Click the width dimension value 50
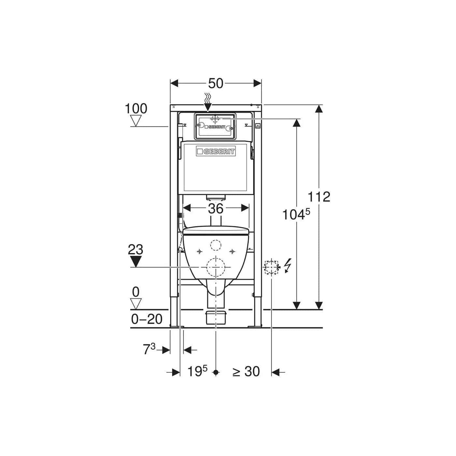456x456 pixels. click(x=216, y=83)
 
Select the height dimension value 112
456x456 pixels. click(x=319, y=197)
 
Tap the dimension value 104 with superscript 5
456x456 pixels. click(x=296, y=214)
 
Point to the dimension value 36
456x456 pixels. click(x=216, y=208)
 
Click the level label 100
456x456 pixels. click(x=136, y=108)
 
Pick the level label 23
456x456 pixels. click(x=135, y=249)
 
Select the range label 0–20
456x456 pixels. click(x=147, y=319)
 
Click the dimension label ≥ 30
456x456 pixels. click(x=246, y=371)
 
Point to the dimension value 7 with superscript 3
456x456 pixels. click(x=149, y=349)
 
